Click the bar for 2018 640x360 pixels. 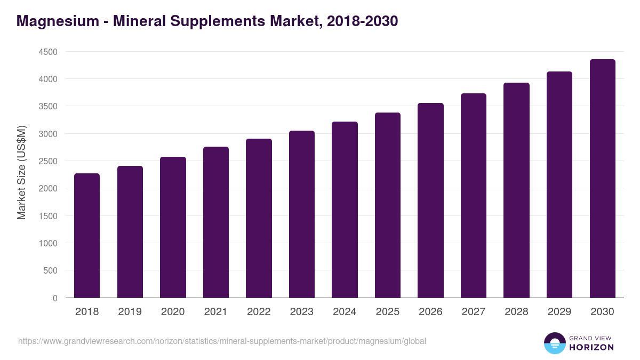click(x=87, y=235)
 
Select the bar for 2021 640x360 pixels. click(x=216, y=222)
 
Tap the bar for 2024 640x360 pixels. click(x=345, y=210)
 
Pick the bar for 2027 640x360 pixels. click(x=474, y=195)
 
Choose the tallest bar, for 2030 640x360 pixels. click(x=603, y=178)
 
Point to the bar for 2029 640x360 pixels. click(x=559, y=185)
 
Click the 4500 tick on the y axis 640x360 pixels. click(x=48, y=52)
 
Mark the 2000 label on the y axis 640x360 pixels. click(x=48, y=188)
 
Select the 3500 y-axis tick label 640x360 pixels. click(x=48, y=107)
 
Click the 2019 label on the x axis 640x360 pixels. click(x=130, y=312)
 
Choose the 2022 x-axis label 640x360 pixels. click(x=259, y=312)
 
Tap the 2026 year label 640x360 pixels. click(x=430, y=312)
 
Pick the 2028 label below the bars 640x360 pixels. click(x=516, y=312)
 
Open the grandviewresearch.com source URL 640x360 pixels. click(x=222, y=341)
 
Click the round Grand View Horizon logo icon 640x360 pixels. click(x=554, y=343)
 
